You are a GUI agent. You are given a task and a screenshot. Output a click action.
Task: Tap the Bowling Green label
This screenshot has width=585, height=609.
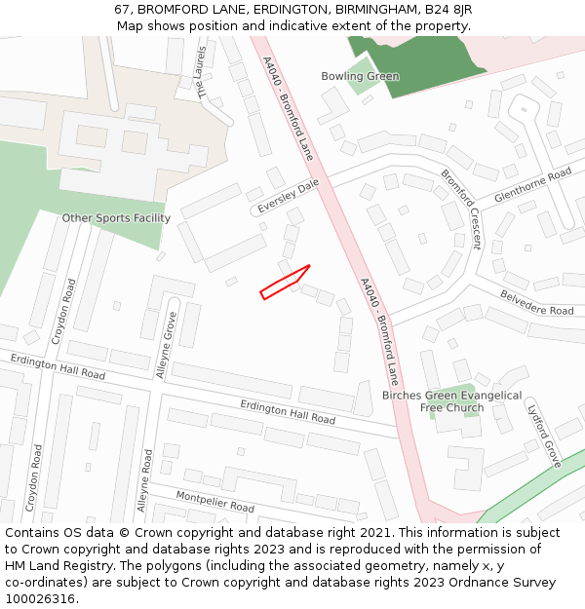(x=360, y=76)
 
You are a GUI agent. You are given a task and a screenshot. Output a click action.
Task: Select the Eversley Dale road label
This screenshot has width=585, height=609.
(x=289, y=196)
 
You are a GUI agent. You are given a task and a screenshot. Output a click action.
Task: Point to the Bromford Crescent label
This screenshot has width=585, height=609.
(x=460, y=209)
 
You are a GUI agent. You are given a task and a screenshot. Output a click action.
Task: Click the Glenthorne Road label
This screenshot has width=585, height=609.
(x=532, y=184)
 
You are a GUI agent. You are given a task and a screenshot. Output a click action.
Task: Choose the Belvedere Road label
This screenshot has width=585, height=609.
(x=537, y=302)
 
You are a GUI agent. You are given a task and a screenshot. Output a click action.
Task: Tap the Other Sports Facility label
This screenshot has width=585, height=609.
(x=116, y=218)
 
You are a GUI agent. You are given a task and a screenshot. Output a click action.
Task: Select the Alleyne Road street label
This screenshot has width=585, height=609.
(x=144, y=480)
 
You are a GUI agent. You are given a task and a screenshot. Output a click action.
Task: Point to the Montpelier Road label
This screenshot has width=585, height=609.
(x=215, y=502)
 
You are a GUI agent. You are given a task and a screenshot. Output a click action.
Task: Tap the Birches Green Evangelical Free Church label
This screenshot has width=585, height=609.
(x=451, y=401)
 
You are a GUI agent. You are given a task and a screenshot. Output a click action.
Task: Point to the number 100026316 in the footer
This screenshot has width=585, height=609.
(x=41, y=598)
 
